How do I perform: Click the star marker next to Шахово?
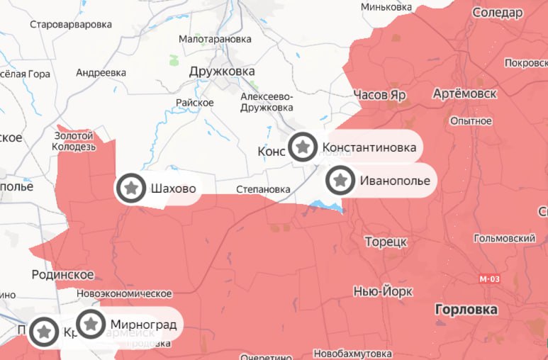[x=131, y=189]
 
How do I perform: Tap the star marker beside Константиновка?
[x=303, y=147]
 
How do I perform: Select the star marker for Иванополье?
[x=341, y=180]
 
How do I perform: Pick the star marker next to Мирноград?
[x=91, y=324]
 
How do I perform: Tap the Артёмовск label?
[x=464, y=94]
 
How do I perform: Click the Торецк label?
[x=386, y=242]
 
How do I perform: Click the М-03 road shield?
[x=489, y=279]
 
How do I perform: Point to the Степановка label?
[x=263, y=189]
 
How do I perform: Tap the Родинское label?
[x=63, y=274]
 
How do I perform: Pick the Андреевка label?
[x=101, y=72]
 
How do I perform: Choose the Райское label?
[x=195, y=103]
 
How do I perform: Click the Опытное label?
[x=471, y=121]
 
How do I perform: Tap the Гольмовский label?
[x=505, y=239]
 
